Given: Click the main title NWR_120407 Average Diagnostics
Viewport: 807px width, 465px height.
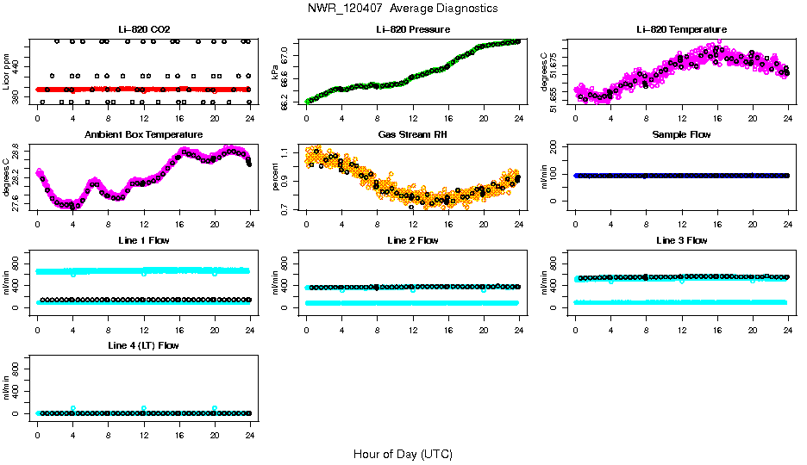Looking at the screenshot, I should click(x=403, y=9).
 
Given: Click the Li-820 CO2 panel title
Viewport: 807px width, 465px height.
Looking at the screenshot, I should click(x=143, y=29).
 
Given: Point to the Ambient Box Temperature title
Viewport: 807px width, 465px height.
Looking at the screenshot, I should click(x=143, y=134).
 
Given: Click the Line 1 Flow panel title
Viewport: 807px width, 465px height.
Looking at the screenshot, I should click(x=143, y=240).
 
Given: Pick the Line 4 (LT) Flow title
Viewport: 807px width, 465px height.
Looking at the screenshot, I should click(x=143, y=345).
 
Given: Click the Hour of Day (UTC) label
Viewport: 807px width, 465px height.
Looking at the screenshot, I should click(x=403, y=454).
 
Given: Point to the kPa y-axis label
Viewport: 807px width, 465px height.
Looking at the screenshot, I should click(x=275, y=71).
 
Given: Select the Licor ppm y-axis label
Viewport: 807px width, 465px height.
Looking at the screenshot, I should click(x=7, y=71).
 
